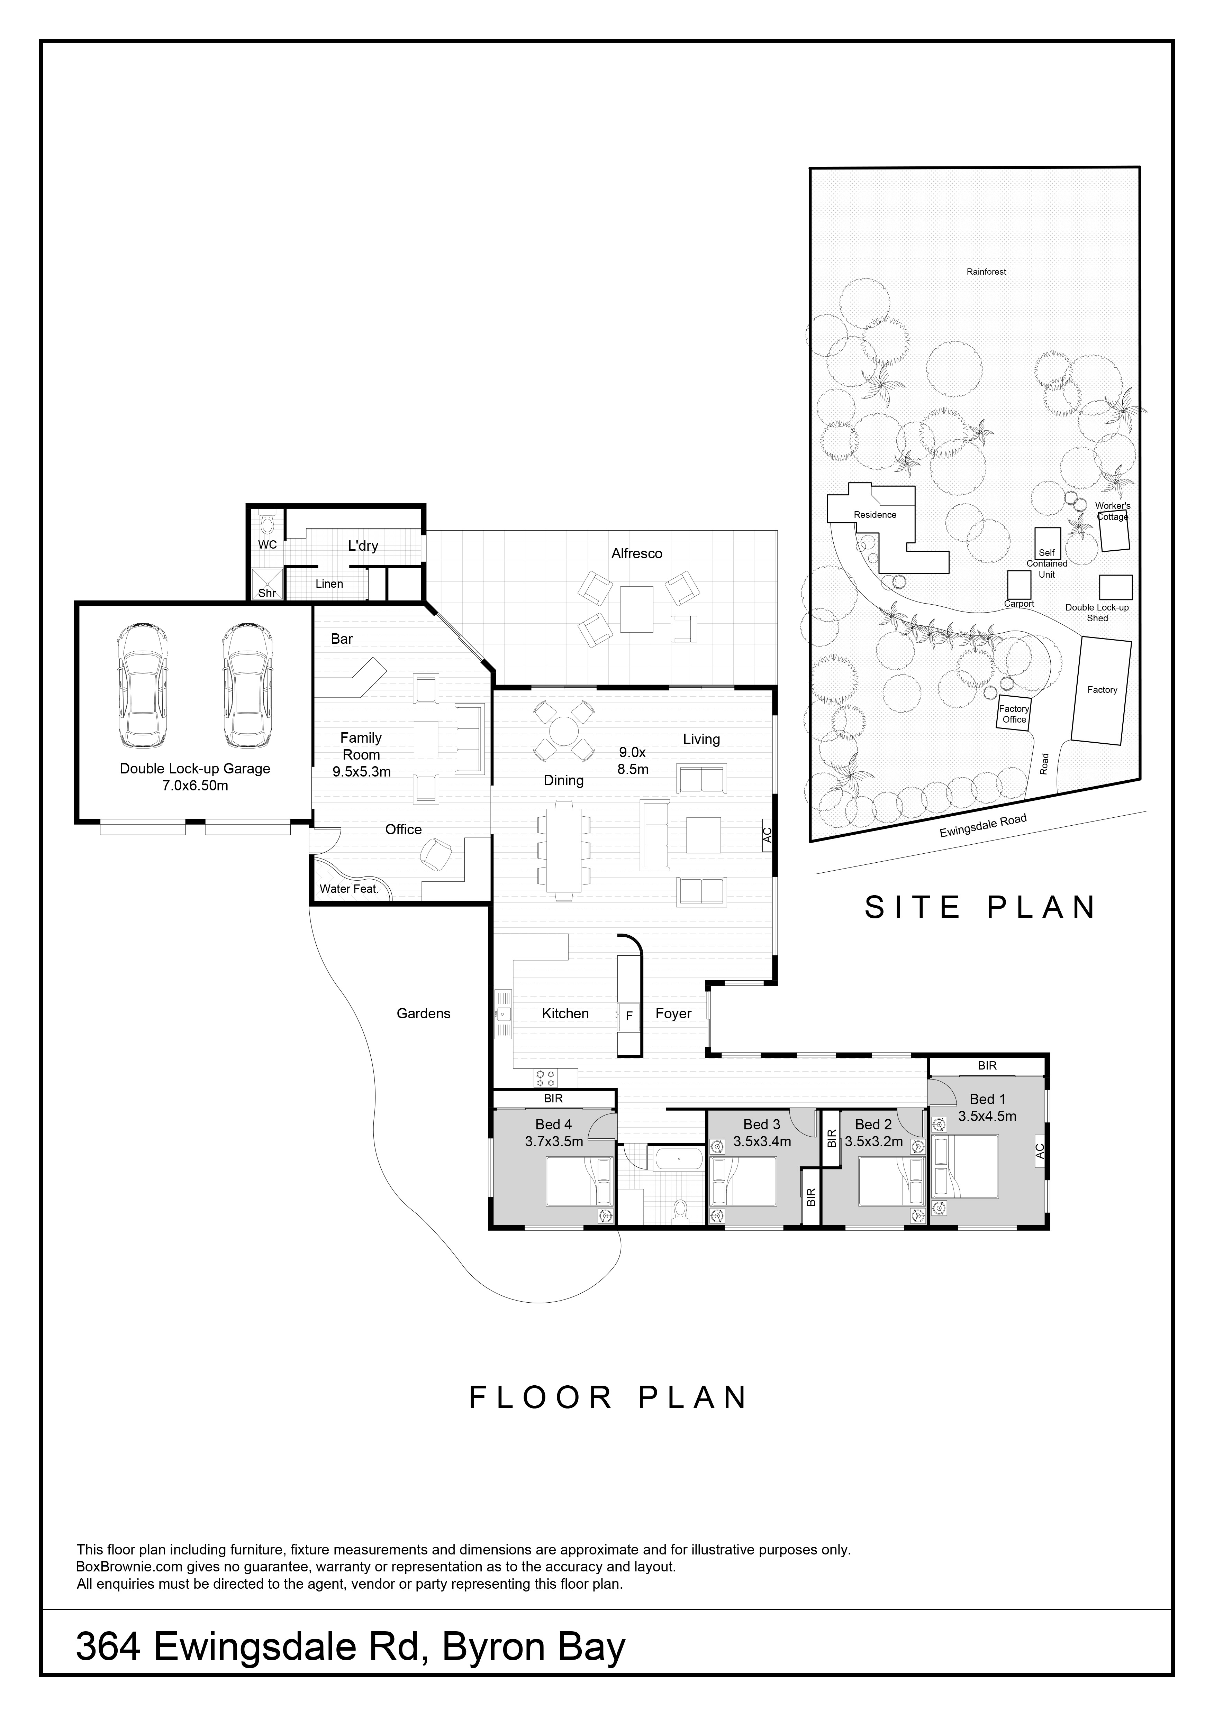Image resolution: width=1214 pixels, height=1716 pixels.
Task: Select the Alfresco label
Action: [637, 554]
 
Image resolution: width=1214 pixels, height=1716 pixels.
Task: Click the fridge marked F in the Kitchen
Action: [629, 1016]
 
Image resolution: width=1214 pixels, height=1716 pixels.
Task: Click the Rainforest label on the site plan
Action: [986, 272]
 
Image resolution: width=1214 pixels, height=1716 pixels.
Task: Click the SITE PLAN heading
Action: [980, 907]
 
